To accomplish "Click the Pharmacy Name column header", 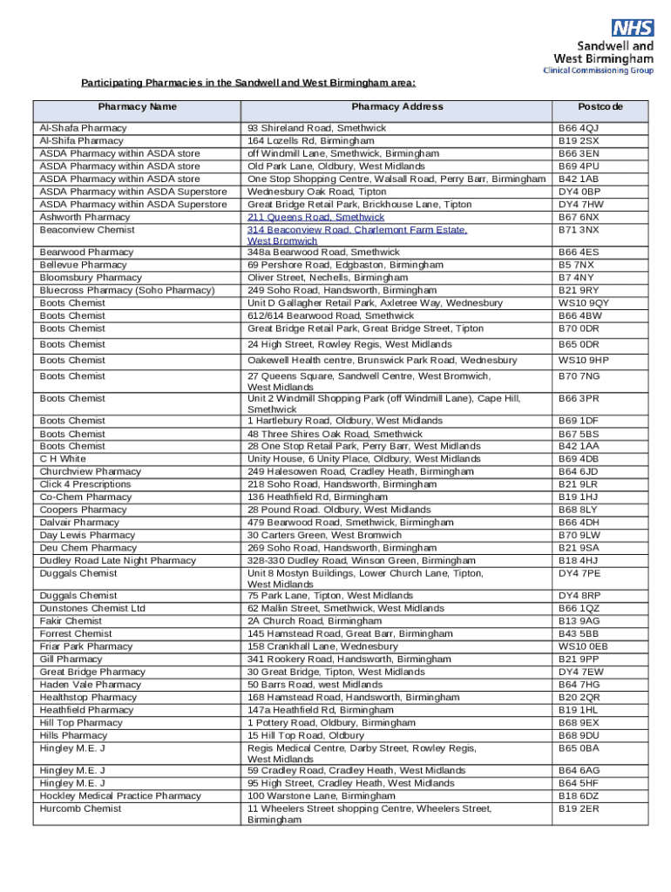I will tap(137, 107).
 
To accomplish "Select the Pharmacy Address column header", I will tap(397, 107).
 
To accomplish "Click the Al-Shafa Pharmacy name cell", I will tap(83, 128).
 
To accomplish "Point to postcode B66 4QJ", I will tap(579, 128).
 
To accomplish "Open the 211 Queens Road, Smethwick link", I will tap(315, 217).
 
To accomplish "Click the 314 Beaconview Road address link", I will tap(357, 230).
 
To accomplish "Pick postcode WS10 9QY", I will tap(583, 303).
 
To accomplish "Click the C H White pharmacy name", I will tap(63, 459).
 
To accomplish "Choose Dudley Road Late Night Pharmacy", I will tap(118, 561).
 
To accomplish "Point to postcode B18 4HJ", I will tap(579, 561).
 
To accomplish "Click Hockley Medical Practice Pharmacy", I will tap(120, 796).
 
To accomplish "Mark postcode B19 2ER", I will tap(579, 809).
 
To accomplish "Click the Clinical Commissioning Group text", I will tap(598, 70).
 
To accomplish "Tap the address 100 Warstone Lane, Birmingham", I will tap(321, 796).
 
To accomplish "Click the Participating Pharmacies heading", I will tap(248, 84).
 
